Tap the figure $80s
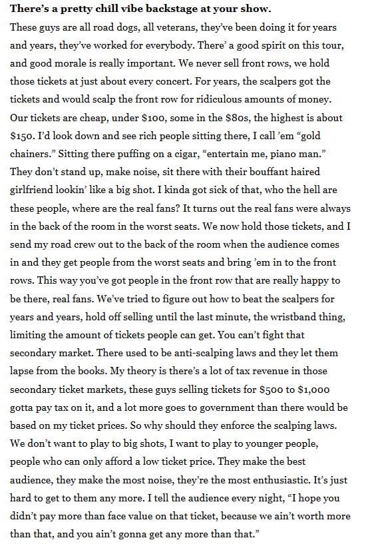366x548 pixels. (x=249, y=118)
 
